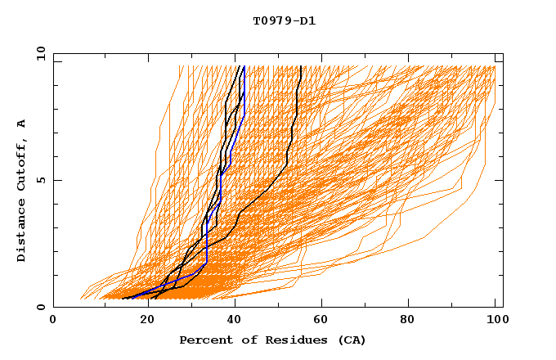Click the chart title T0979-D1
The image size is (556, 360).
(284, 21)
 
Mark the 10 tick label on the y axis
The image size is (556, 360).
(40, 52)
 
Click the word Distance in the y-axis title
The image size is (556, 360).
(22, 230)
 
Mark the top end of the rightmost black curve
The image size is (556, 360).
(301, 65)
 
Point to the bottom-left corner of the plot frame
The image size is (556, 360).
(53, 307)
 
